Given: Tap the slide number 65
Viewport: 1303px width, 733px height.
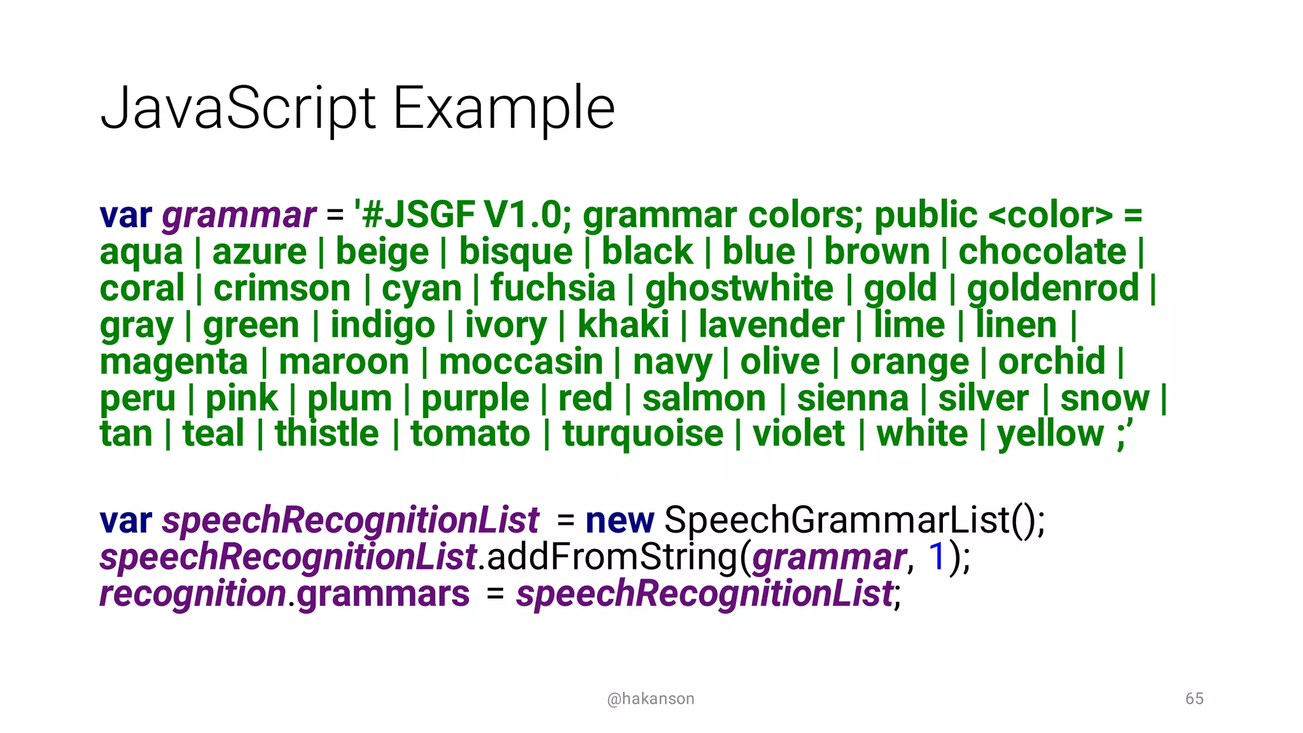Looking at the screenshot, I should pyautogui.click(x=1194, y=699).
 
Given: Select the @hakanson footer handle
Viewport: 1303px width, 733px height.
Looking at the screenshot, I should pyautogui.click(x=650, y=699).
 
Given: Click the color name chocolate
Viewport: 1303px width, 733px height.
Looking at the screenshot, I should pyautogui.click(x=1042, y=251).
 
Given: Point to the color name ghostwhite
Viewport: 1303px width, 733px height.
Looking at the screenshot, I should pyautogui.click(x=739, y=288).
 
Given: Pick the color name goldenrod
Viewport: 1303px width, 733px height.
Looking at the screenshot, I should pyautogui.click(x=1053, y=288).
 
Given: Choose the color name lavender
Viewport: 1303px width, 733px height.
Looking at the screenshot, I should pyautogui.click(x=771, y=325).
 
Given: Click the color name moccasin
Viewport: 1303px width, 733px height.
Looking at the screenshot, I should pyautogui.click(x=521, y=361).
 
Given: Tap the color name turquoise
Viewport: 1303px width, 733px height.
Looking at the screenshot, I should pyautogui.click(x=643, y=434).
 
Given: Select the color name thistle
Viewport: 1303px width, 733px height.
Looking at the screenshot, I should pyautogui.click(x=326, y=434).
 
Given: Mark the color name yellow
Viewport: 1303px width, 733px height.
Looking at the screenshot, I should pyautogui.click(x=1050, y=435).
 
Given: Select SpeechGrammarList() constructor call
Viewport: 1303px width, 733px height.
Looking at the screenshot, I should pyautogui.click(x=853, y=520).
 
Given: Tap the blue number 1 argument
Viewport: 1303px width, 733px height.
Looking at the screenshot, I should pyautogui.click(x=937, y=557).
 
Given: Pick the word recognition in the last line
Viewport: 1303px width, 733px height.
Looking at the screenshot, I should pyautogui.click(x=193, y=594).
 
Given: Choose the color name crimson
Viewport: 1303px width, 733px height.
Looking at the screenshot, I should pyautogui.click(x=282, y=288).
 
